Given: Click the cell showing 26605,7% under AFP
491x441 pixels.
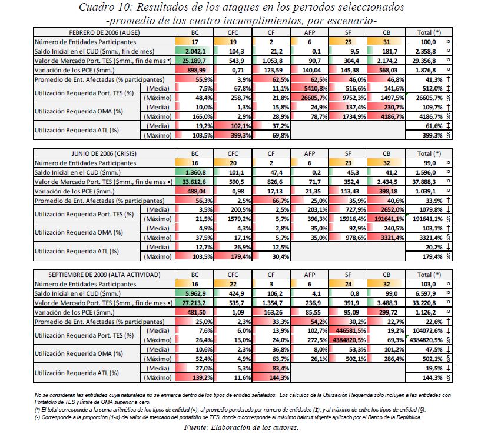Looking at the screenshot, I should click(310, 98).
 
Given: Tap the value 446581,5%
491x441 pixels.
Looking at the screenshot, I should click(349, 330).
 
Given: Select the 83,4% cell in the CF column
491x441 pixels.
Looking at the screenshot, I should click(271, 367).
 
